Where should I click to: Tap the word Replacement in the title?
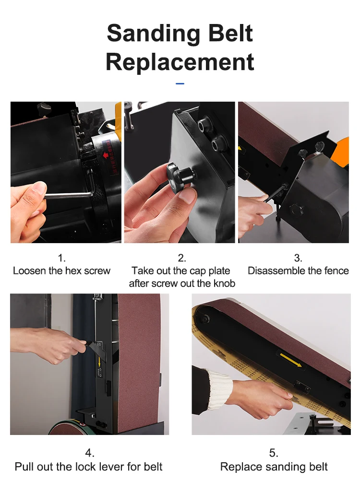pos(180,62)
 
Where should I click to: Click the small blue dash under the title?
pos(180,83)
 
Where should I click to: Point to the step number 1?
pos(61,258)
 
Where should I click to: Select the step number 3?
pos(298,258)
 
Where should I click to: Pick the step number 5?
pos(274,453)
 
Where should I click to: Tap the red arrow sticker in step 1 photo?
pos(106,155)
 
